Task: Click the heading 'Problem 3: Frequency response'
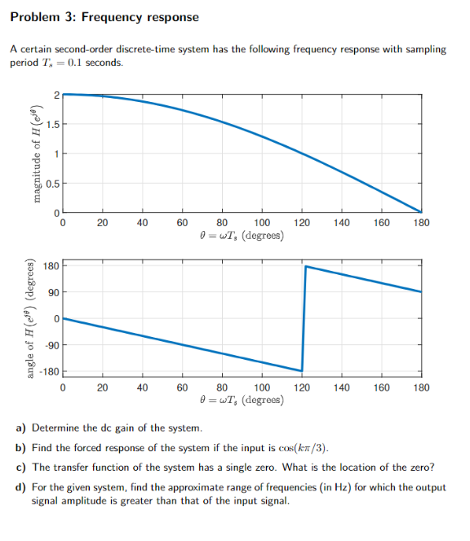[104, 17]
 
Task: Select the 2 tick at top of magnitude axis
[55, 95]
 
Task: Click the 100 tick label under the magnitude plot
[262, 223]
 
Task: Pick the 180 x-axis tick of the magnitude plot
[421, 223]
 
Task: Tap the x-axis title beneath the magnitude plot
[242, 236]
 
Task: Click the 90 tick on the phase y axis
[51, 292]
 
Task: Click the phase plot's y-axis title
[33, 318]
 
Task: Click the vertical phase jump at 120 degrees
[304, 318]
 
